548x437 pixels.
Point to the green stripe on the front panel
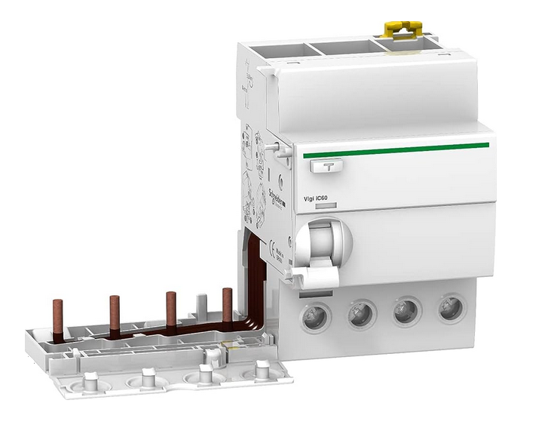pyautogui.click(x=396, y=148)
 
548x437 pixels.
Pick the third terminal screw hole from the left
pyautogui.click(x=408, y=309)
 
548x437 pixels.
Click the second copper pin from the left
pyautogui.click(x=115, y=310)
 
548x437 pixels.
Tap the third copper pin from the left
pyautogui.click(x=171, y=306)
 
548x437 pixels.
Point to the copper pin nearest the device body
pyautogui.click(x=227, y=302)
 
